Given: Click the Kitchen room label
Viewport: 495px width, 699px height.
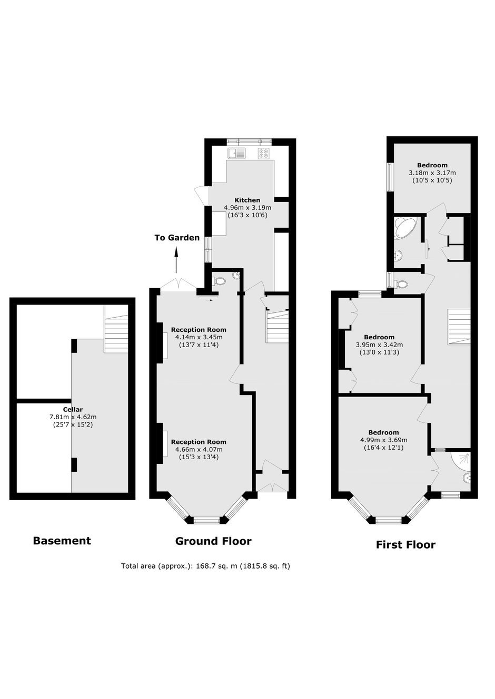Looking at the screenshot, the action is point(247,200).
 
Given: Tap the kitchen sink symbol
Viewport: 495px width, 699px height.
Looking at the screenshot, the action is point(237,153).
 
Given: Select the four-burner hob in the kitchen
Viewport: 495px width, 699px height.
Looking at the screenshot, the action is point(264,153).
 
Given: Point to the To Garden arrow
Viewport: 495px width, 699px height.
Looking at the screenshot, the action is point(176,260).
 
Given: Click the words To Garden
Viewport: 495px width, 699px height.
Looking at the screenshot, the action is point(177,238).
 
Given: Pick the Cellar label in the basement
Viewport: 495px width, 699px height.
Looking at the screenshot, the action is point(73,409).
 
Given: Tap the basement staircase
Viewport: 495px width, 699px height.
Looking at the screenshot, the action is point(116,329).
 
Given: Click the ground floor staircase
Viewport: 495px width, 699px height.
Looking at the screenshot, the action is point(277,327).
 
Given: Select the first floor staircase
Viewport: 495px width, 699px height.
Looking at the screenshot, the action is point(459,327).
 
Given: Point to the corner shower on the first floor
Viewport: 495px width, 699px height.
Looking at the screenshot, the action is point(461,461).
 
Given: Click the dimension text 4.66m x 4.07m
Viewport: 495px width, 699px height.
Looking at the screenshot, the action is point(199,450).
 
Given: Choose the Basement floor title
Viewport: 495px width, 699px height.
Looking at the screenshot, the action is point(62,541).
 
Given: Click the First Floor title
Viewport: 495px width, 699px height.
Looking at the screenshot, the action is point(405,544).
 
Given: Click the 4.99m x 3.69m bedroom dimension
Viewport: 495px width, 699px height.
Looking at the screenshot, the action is point(384,440).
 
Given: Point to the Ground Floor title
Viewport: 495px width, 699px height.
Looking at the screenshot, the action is point(213,541).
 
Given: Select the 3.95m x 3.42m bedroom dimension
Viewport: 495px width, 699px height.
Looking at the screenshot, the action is point(379,345).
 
